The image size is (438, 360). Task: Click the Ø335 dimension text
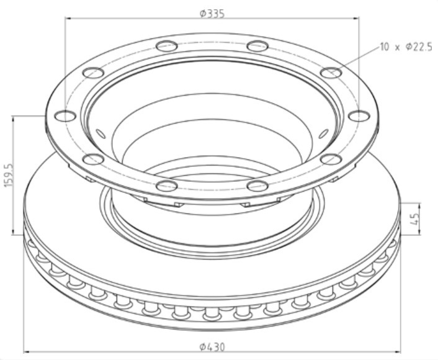pyautogui.click(x=212, y=13)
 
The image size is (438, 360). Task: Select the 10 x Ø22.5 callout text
pyautogui.click(x=406, y=47)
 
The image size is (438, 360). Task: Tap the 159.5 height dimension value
pyautogui.click(x=8, y=176)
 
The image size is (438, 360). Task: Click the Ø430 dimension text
pyautogui.click(x=212, y=348)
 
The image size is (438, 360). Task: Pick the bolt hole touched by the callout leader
pyautogui.click(x=332, y=73)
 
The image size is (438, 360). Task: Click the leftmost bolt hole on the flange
pyautogui.click(x=65, y=115)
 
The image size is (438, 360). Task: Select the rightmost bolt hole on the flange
pyautogui.click(x=359, y=115)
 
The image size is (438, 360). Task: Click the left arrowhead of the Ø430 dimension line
pyautogui.click(x=27, y=352)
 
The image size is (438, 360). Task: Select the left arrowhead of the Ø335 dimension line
pyautogui.click(x=69, y=18)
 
